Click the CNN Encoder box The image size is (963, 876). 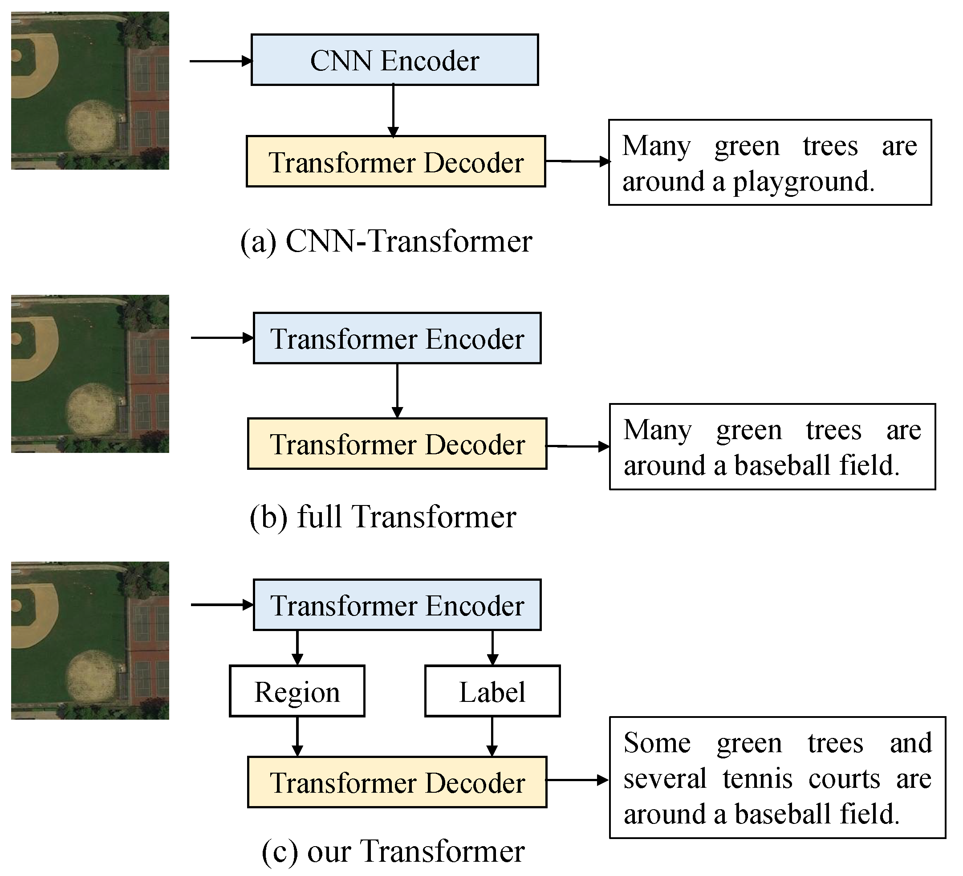click(x=394, y=60)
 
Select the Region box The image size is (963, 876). click(x=297, y=692)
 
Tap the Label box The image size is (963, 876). click(x=492, y=692)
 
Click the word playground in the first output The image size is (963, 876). click(x=804, y=183)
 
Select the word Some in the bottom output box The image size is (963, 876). click(x=657, y=743)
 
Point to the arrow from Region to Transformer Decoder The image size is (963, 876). click(x=297, y=736)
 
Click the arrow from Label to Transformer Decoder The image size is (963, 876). click(x=492, y=736)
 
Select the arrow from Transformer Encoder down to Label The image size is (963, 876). click(x=492, y=648)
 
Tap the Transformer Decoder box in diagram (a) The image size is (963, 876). click(x=395, y=162)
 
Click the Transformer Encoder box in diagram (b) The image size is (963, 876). click(x=397, y=338)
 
